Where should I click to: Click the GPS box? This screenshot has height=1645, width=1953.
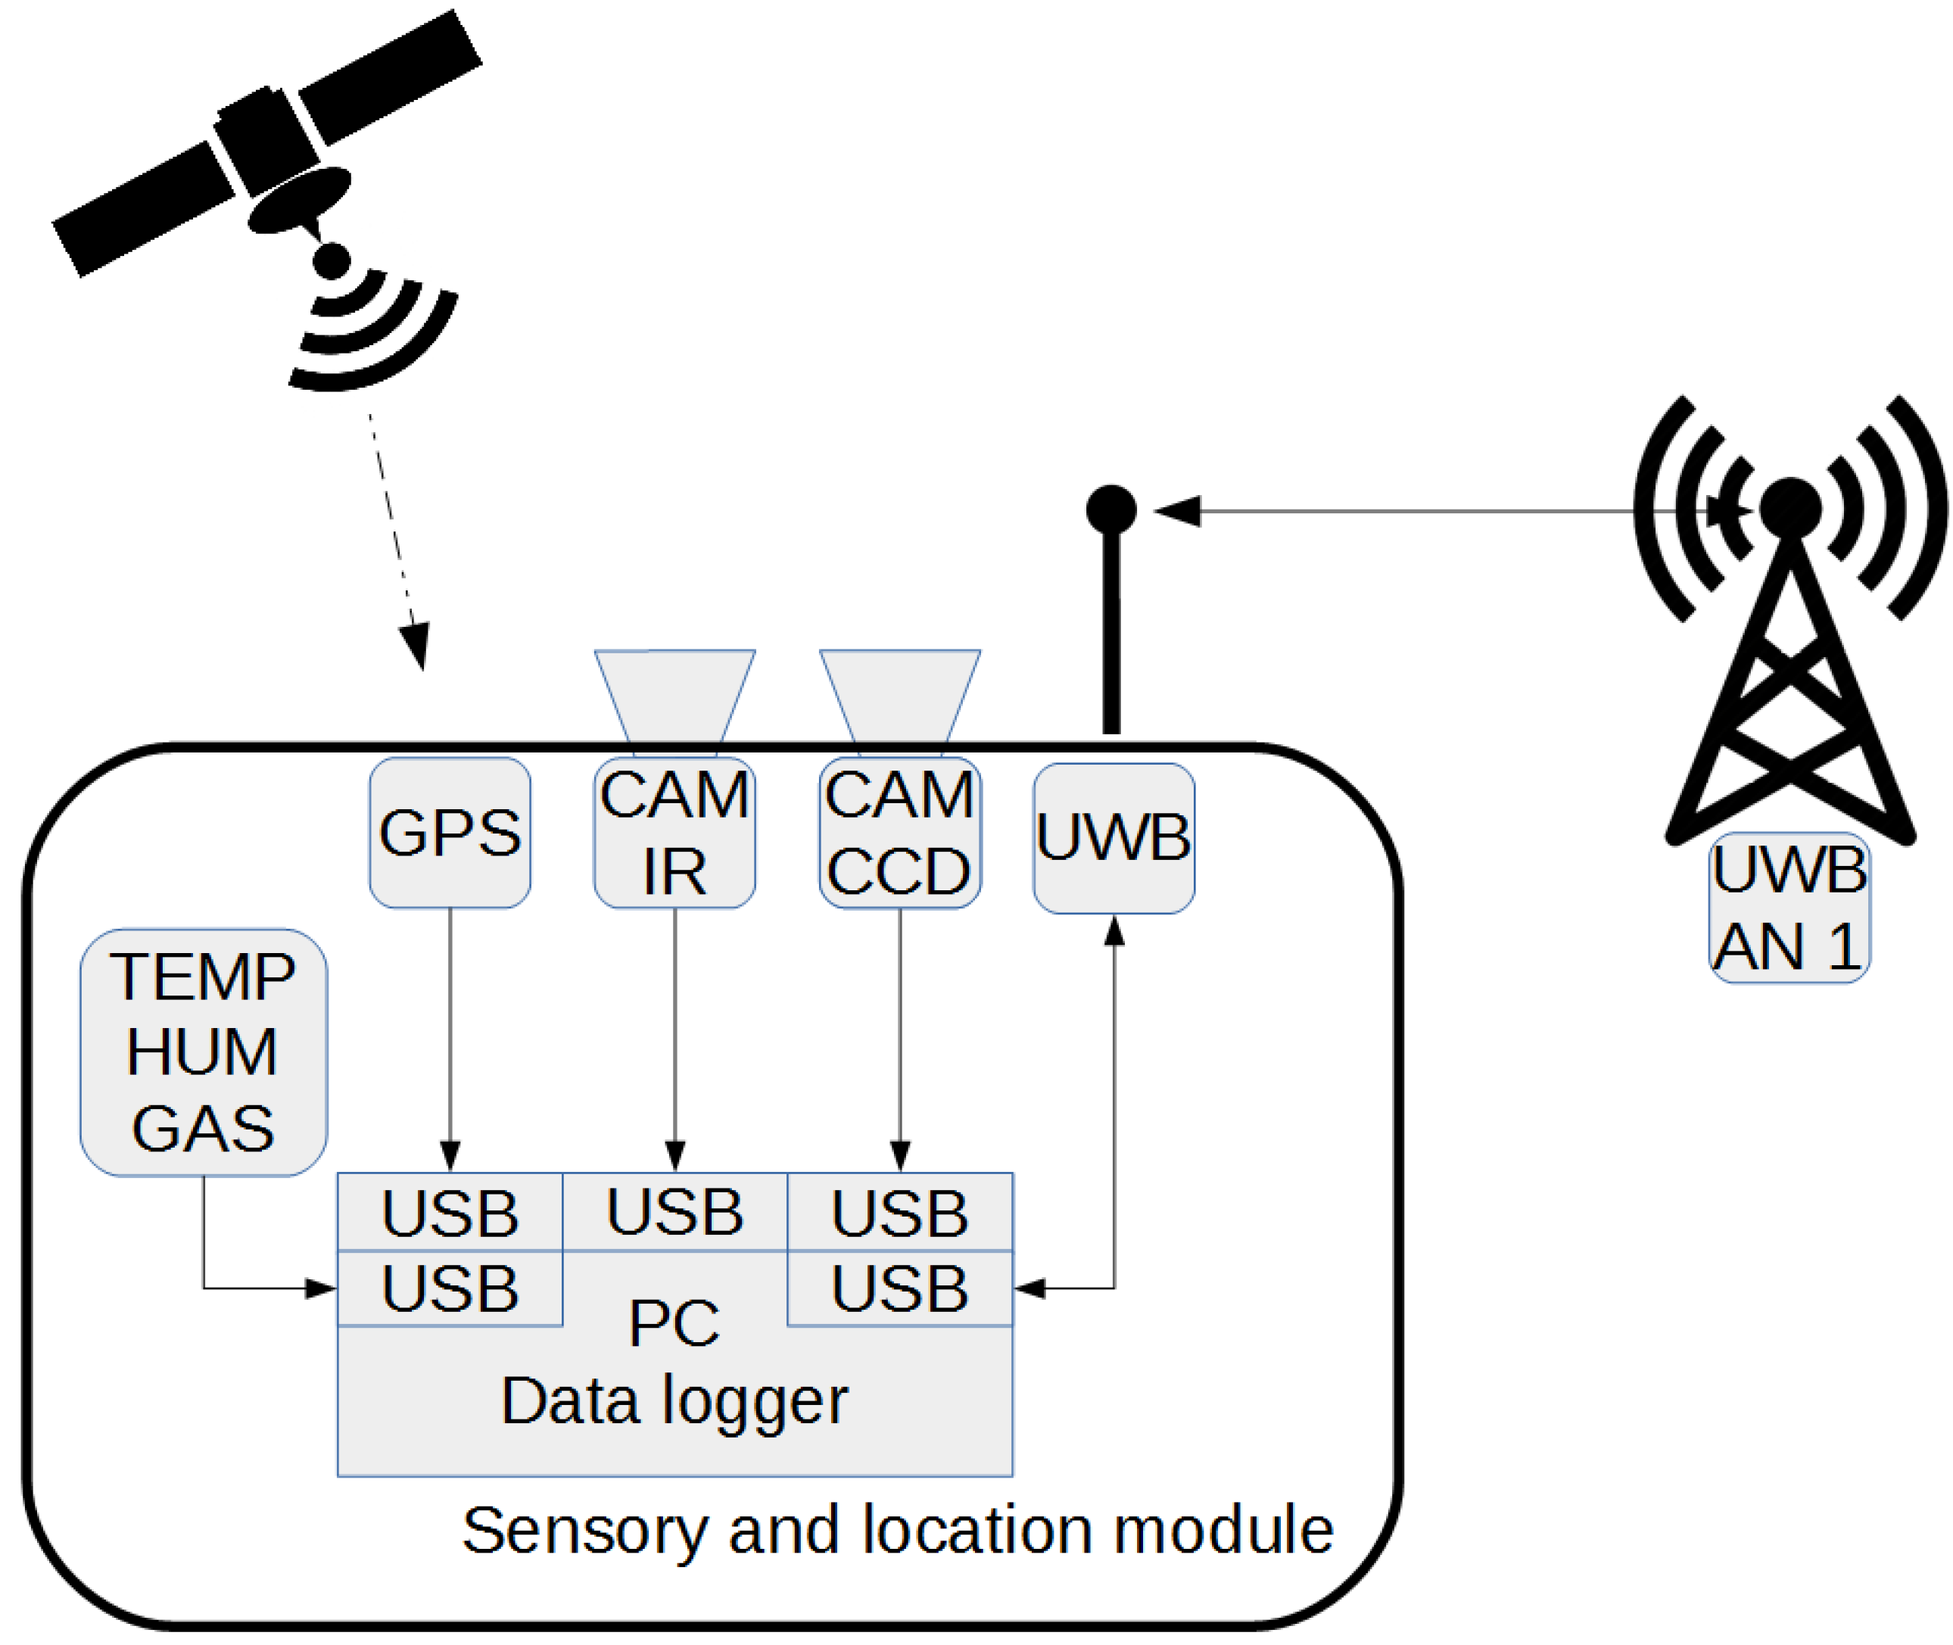pyautogui.click(x=450, y=833)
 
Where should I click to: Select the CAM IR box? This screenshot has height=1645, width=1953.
pyautogui.click(x=674, y=833)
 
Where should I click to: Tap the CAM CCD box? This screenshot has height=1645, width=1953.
pyautogui.click(x=899, y=833)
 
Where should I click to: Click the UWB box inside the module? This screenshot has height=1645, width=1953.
pyautogui.click(x=1114, y=838)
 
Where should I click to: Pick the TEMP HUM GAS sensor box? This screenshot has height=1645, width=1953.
pyautogui.click(x=204, y=1052)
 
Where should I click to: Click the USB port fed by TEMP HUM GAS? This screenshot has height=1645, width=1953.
pyautogui.click(x=450, y=1288)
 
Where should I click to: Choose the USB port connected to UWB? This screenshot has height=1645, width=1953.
pyautogui.click(x=899, y=1288)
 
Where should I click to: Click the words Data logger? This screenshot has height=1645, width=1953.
pyautogui.click(x=674, y=1400)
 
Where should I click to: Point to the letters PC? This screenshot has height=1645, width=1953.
pyautogui.click(x=674, y=1323)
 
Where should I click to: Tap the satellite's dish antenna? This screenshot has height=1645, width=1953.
pyautogui.click(x=298, y=200)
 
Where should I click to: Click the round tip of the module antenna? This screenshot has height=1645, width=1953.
pyautogui.click(x=1110, y=510)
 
